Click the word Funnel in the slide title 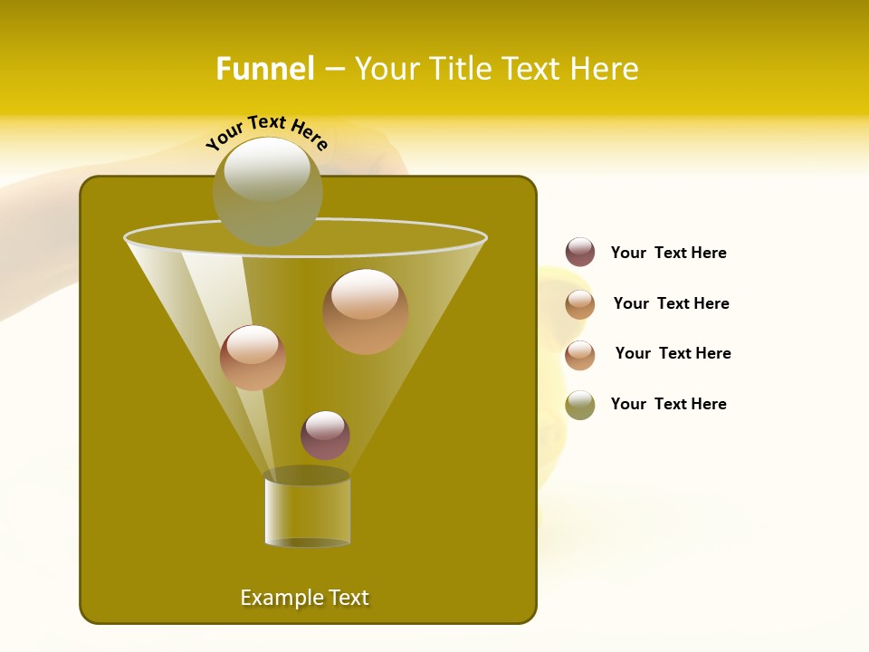[264, 69]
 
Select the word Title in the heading [459, 69]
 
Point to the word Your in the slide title [387, 69]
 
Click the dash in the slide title [333, 69]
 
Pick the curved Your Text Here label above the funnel [267, 133]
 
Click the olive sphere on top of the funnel [267, 192]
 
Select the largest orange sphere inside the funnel [365, 312]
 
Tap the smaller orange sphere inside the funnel [253, 358]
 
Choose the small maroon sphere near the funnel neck [325, 436]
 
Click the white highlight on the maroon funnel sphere [325, 424]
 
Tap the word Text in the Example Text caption [347, 598]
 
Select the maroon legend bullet [580, 253]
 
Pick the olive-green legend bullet [580, 405]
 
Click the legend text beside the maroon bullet [668, 253]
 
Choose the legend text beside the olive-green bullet [668, 404]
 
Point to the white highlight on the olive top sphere [266, 169]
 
